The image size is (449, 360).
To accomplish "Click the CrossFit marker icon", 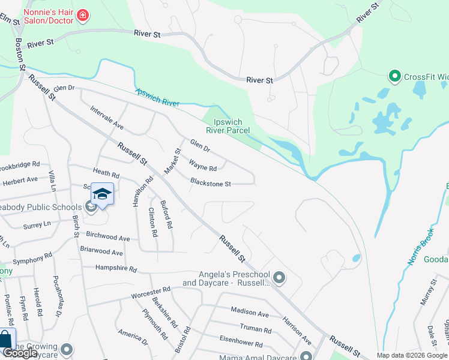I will click(394, 76).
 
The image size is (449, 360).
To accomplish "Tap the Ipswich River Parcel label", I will click(228, 125).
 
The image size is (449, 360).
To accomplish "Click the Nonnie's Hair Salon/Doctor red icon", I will click(82, 14).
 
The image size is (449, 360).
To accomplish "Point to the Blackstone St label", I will click(211, 182).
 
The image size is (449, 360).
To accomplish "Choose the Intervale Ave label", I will click(106, 119).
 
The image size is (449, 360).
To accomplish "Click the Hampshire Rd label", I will click(116, 269).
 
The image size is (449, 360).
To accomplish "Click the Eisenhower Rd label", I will click(241, 344).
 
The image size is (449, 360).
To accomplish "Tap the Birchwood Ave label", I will click(108, 238).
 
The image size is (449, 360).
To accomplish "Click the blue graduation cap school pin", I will click(103, 194).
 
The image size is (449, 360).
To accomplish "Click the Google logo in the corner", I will click(20, 353).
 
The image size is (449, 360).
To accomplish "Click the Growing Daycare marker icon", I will click(67, 349).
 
